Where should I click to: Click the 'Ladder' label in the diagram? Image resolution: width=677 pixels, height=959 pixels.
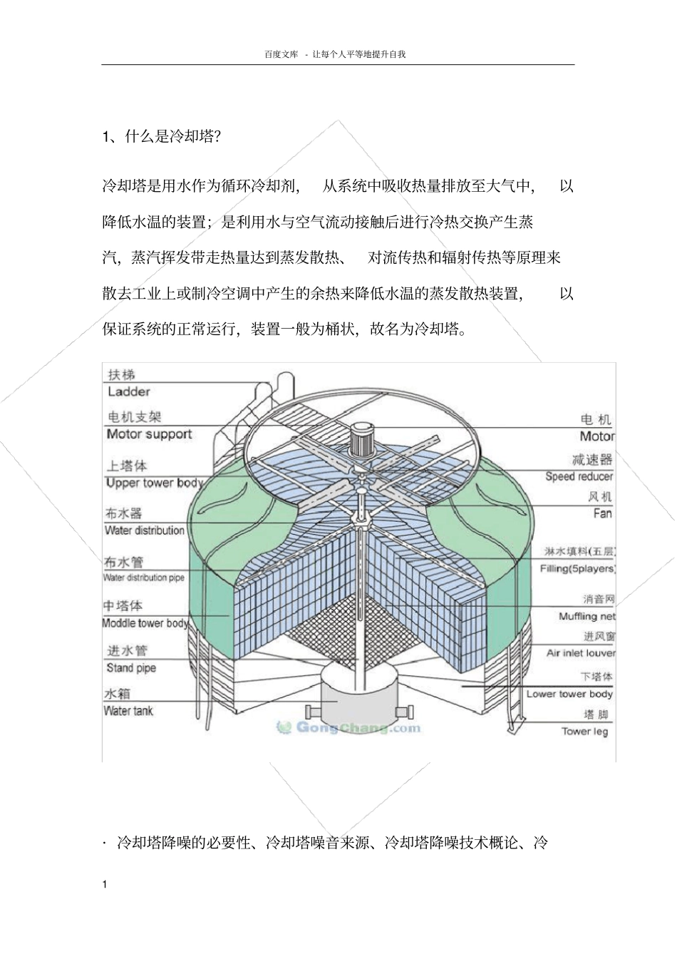[x=129, y=391]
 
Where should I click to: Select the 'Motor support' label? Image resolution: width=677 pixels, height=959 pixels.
[x=150, y=434]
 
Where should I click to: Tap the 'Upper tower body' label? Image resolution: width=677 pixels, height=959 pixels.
[x=154, y=483]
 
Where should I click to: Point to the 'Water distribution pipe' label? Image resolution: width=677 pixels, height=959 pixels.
[x=144, y=578]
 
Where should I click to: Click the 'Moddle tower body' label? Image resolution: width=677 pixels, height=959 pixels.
[x=145, y=623]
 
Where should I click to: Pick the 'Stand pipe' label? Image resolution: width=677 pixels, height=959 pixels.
[x=131, y=668]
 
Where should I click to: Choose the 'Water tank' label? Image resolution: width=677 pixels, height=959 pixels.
[x=128, y=711]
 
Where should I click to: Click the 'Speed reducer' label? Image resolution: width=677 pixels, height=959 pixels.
[x=579, y=476]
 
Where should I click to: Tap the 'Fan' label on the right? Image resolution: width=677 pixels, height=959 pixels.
[x=602, y=513]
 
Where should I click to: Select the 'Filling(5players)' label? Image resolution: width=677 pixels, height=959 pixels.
[x=577, y=568]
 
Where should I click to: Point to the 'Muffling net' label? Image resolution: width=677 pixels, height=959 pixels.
[x=586, y=616]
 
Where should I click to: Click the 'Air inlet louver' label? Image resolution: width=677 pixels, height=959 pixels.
[x=580, y=652]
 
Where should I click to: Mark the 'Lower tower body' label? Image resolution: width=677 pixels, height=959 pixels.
[x=569, y=694]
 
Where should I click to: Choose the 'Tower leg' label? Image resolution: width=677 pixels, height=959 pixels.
[x=584, y=731]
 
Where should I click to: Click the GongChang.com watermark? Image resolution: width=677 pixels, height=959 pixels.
[x=349, y=728]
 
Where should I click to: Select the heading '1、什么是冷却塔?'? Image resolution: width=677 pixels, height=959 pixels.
[x=162, y=136]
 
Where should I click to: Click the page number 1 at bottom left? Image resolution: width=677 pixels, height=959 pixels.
[x=105, y=885]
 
